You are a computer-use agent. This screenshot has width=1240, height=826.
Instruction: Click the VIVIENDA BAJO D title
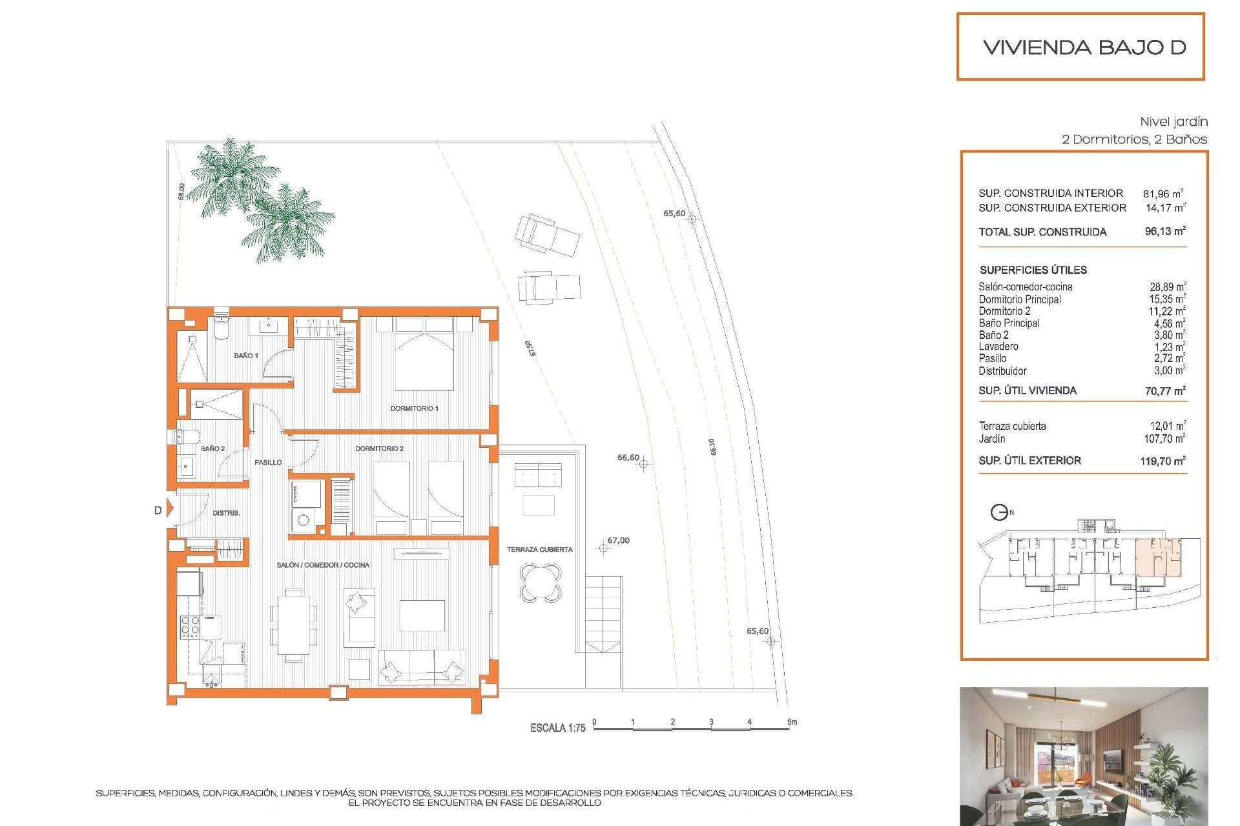[1084, 47]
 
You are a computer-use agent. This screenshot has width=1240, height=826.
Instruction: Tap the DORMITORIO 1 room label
[414, 408]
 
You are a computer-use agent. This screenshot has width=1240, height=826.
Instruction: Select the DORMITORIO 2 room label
[379, 448]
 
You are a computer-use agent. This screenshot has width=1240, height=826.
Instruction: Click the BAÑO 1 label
[245, 356]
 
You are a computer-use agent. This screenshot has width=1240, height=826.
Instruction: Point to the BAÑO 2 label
[212, 448]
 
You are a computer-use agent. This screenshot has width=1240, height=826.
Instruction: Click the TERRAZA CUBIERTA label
[539, 550]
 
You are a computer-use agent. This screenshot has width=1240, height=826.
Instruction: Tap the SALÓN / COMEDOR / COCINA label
[323, 565]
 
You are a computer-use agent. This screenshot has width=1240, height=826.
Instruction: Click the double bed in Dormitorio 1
[424, 355]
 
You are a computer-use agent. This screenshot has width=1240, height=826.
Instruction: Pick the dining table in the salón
[294, 625]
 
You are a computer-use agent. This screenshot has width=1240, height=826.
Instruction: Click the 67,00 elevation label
[618, 541]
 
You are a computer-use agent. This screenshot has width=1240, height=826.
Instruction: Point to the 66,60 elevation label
[628, 458]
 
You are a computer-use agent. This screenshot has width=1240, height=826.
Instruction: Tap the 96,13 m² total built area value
[1164, 231]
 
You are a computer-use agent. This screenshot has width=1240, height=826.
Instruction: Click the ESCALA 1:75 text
[557, 728]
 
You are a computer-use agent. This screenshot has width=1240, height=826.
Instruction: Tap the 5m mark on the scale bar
[792, 722]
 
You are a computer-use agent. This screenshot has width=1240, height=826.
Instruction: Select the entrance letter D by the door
[158, 510]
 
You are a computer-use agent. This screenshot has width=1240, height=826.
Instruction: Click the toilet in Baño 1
[221, 329]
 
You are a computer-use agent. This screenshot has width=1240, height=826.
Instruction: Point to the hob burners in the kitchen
[190, 627]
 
